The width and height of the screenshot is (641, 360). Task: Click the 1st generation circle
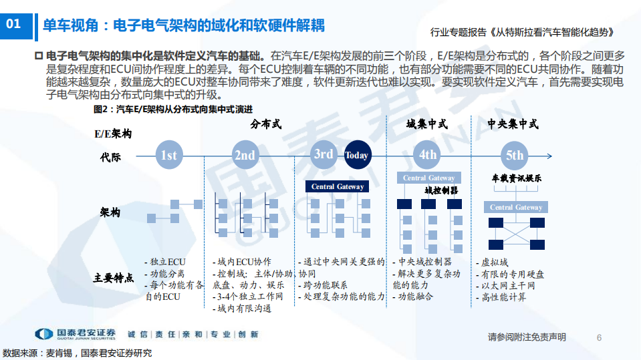click(x=168, y=156)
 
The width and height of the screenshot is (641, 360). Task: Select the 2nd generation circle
click(x=245, y=156)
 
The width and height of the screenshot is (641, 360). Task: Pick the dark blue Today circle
click(x=356, y=156)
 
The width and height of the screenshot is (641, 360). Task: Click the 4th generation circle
click(x=427, y=156)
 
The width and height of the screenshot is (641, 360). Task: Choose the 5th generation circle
click(x=515, y=156)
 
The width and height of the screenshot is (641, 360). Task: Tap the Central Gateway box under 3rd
click(x=338, y=186)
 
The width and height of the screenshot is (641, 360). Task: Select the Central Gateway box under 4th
click(x=428, y=178)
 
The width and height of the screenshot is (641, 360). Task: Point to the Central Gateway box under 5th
click(x=516, y=208)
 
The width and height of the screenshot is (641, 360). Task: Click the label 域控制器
click(x=441, y=190)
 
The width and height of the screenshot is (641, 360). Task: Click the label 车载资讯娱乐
click(x=516, y=178)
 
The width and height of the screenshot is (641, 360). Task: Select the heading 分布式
click(x=266, y=124)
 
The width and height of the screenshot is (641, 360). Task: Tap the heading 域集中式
click(x=426, y=124)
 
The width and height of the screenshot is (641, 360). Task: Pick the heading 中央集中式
click(x=513, y=124)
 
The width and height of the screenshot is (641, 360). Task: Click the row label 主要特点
click(x=113, y=277)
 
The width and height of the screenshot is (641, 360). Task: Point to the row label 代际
click(x=110, y=158)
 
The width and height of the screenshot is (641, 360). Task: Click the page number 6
click(x=599, y=337)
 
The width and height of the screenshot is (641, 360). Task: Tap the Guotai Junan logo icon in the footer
click(x=44, y=334)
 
